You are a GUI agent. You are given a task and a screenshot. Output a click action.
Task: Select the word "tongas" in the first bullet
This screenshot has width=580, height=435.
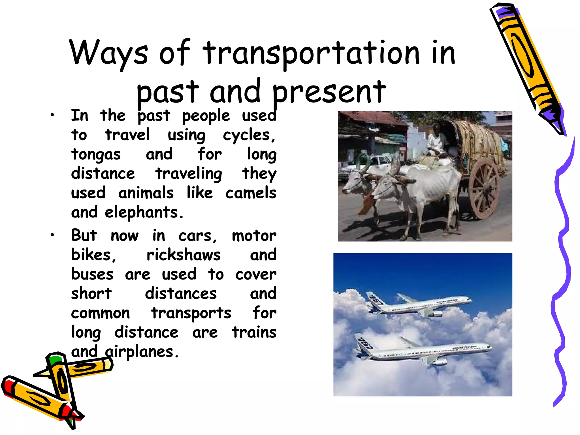(x=96, y=155)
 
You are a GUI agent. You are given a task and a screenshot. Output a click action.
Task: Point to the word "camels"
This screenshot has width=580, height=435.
(x=251, y=193)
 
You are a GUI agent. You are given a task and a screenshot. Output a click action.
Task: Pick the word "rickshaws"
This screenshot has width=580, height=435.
(x=183, y=255)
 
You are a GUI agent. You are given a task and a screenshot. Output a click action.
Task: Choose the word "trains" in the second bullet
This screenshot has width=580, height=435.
(x=254, y=332)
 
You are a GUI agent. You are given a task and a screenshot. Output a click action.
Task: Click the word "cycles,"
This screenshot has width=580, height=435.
(x=249, y=135)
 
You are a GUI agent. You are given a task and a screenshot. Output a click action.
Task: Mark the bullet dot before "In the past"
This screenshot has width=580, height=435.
(x=52, y=115)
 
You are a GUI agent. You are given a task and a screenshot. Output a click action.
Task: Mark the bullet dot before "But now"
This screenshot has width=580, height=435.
(x=52, y=235)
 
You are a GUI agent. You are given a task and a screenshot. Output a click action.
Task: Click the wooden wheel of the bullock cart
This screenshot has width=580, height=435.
(x=484, y=188)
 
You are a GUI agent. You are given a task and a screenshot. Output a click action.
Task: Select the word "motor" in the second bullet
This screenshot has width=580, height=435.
(x=254, y=236)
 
